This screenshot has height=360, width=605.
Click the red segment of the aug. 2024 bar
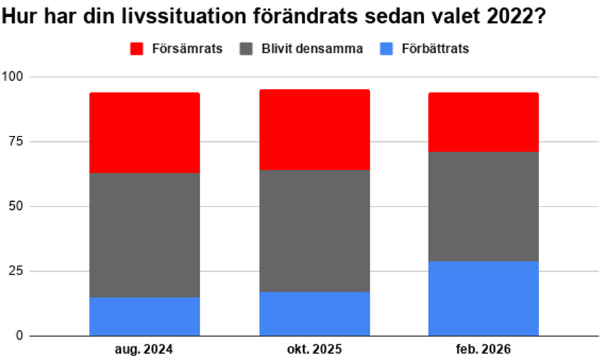(x=145, y=132)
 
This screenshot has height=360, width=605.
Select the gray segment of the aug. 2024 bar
(x=145, y=235)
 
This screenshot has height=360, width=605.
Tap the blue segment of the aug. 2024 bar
(x=145, y=317)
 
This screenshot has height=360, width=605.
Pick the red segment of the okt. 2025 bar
(x=315, y=130)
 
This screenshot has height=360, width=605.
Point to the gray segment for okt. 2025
(x=315, y=231)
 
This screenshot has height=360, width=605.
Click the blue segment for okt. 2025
(x=315, y=314)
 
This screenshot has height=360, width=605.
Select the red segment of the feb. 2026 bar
(x=483, y=122)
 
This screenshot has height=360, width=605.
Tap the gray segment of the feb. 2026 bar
(x=483, y=206)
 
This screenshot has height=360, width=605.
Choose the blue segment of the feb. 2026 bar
(x=483, y=298)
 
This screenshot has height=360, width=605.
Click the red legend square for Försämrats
(x=137, y=49)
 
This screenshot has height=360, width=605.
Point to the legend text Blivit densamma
(x=312, y=49)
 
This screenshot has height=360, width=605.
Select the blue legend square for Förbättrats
(x=386, y=49)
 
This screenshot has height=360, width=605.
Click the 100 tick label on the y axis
(x=12, y=77)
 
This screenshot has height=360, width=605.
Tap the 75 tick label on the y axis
(x=16, y=141)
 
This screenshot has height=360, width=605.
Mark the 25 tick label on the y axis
(x=16, y=271)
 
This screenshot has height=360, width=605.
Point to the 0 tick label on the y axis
(x=20, y=336)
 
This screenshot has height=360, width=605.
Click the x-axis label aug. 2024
(x=144, y=349)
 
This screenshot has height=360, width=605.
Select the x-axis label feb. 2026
(x=483, y=349)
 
